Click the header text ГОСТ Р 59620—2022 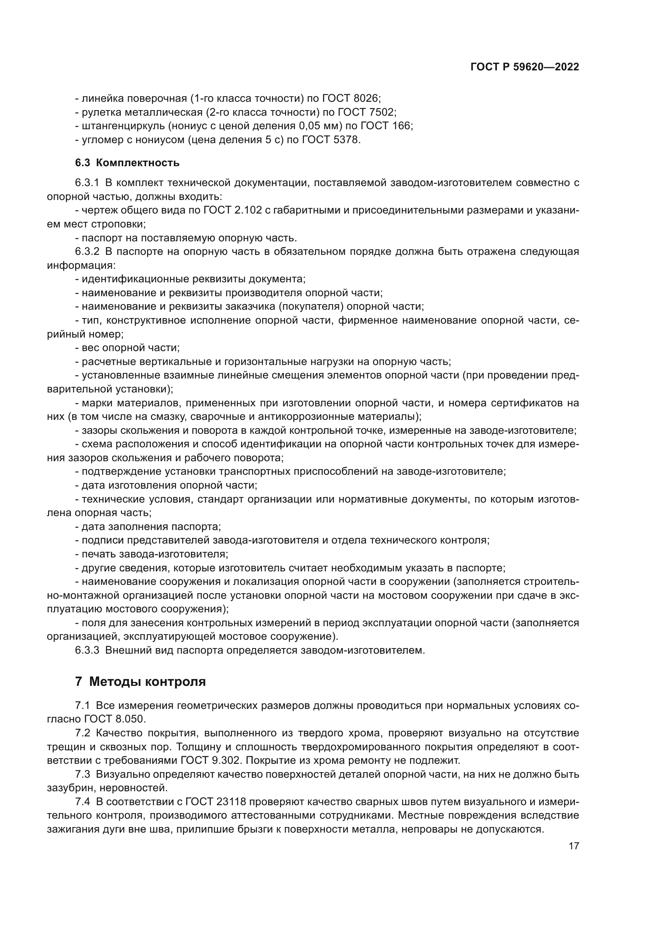point(525,67)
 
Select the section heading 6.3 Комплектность point(127,163)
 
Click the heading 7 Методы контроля point(140,681)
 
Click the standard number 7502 point(382,112)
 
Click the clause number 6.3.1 point(87,183)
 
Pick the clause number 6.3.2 point(87,252)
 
